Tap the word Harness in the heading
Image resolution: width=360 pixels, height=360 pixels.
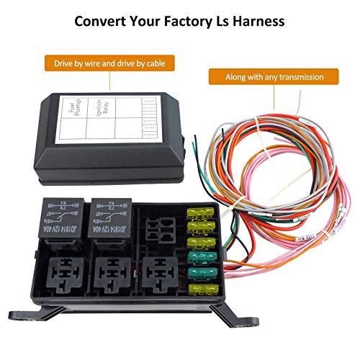[x=256, y=21]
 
